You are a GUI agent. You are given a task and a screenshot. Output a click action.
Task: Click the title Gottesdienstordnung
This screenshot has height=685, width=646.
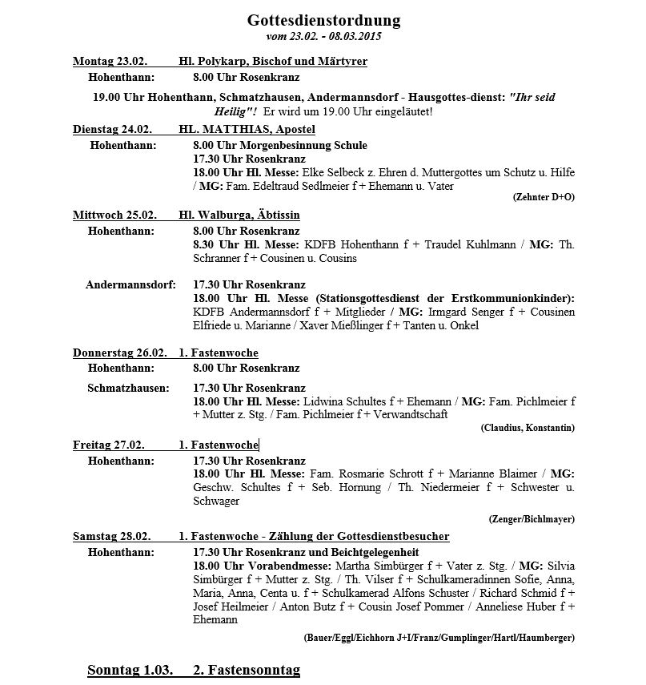[x=323, y=20]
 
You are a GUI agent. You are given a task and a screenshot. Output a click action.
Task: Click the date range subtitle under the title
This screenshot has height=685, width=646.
[x=323, y=37]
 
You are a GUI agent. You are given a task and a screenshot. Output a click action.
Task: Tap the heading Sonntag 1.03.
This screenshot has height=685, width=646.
[x=130, y=670]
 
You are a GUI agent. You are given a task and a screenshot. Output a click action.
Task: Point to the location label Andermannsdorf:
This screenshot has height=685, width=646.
[x=130, y=284]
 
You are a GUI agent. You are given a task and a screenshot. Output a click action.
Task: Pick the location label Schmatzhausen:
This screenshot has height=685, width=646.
[x=128, y=388]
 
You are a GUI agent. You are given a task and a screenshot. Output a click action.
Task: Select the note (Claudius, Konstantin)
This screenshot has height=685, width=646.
[x=528, y=428]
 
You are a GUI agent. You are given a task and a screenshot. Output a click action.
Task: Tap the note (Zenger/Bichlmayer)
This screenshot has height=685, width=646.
[x=532, y=519]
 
